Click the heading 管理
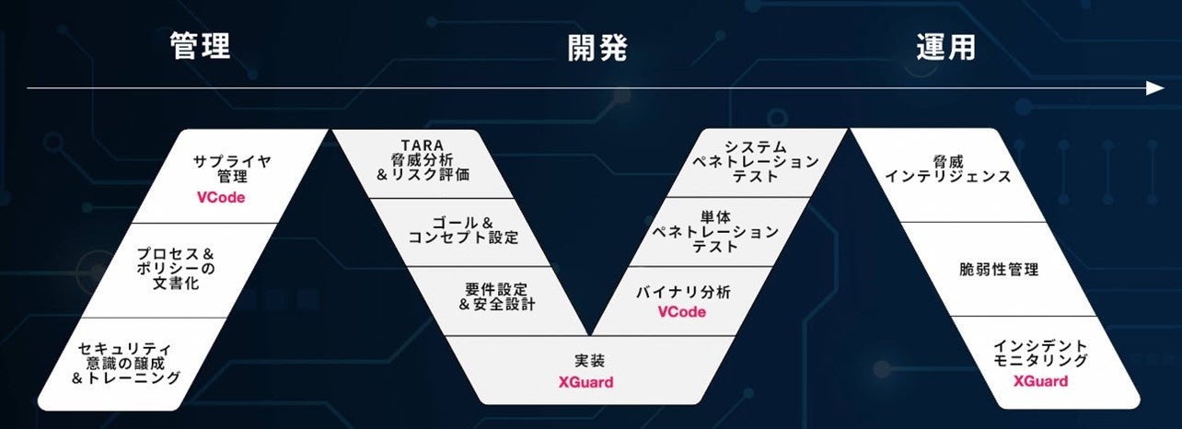(x=199, y=48)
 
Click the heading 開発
(x=597, y=48)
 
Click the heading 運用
(x=945, y=48)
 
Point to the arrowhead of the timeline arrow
(x=1154, y=88)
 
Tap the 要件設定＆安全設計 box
(x=502, y=295)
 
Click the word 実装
(x=585, y=360)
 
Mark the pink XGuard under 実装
(x=585, y=382)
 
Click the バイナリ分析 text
(x=682, y=292)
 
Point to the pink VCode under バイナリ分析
(x=682, y=312)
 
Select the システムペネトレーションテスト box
(x=755, y=161)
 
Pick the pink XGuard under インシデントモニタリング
(x=1040, y=381)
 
